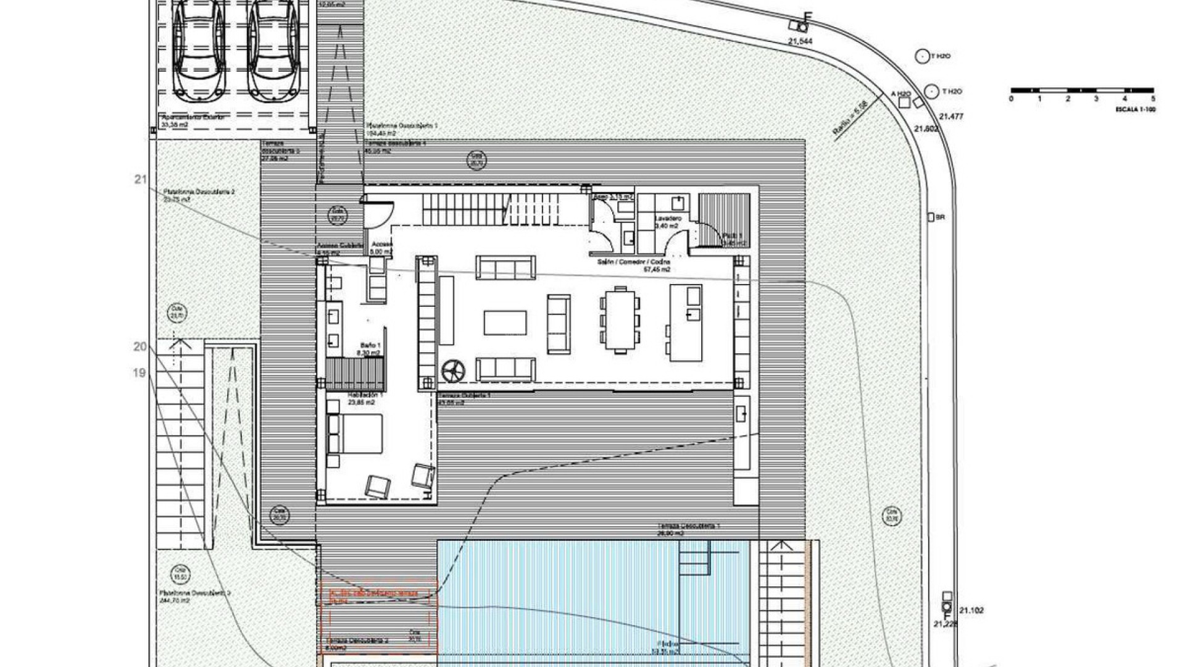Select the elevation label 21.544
point(800,41)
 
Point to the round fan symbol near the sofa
point(454,371)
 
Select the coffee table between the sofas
point(505,322)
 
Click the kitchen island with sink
point(686,322)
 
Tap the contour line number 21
point(140,179)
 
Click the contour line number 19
point(139,372)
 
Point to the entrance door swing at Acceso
point(377,214)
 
